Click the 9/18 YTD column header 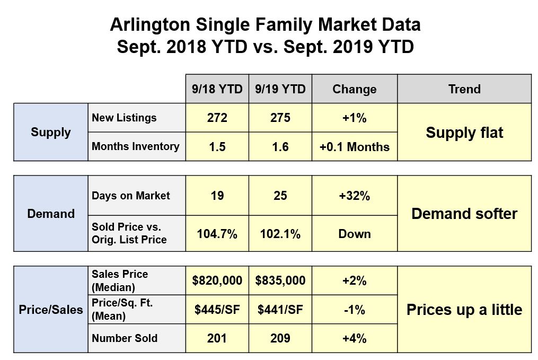coord(217,89)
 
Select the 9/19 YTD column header coord(280,89)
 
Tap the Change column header coord(354,89)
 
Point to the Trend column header coord(464,89)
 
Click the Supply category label coord(51,132)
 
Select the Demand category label coord(51,214)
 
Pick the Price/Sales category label coord(51,310)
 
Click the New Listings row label coord(124,118)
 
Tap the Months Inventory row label coord(136,146)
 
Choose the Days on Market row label coord(131,196)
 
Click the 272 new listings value coord(217,118)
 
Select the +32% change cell coord(354,196)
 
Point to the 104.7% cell coord(217,234)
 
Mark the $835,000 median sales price coord(280,280)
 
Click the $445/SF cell coord(217,310)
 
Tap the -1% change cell coord(354,310)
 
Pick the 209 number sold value coord(280,338)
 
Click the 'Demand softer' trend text coord(464,214)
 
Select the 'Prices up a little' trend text coord(464,310)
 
